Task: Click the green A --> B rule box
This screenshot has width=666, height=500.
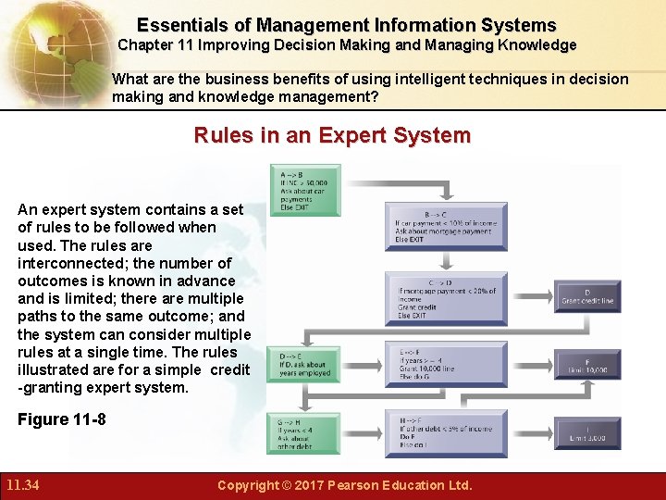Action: tap(304, 189)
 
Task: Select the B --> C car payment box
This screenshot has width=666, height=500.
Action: tap(446, 226)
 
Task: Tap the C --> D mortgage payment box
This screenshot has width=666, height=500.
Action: tap(446, 298)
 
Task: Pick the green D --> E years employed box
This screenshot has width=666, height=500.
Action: tap(304, 365)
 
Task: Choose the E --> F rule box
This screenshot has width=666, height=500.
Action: tap(446, 365)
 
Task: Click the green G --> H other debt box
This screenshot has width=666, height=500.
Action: tap(304, 433)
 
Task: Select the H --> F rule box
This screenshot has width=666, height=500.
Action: tap(446, 433)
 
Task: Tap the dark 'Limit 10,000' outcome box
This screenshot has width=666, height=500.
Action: tap(587, 365)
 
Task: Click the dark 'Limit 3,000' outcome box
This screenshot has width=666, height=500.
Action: tap(587, 433)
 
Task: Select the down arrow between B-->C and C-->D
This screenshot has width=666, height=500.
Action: tap(446, 262)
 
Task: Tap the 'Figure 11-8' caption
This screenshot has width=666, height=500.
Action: tap(62, 419)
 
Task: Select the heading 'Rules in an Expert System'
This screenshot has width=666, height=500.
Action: tap(332, 135)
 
